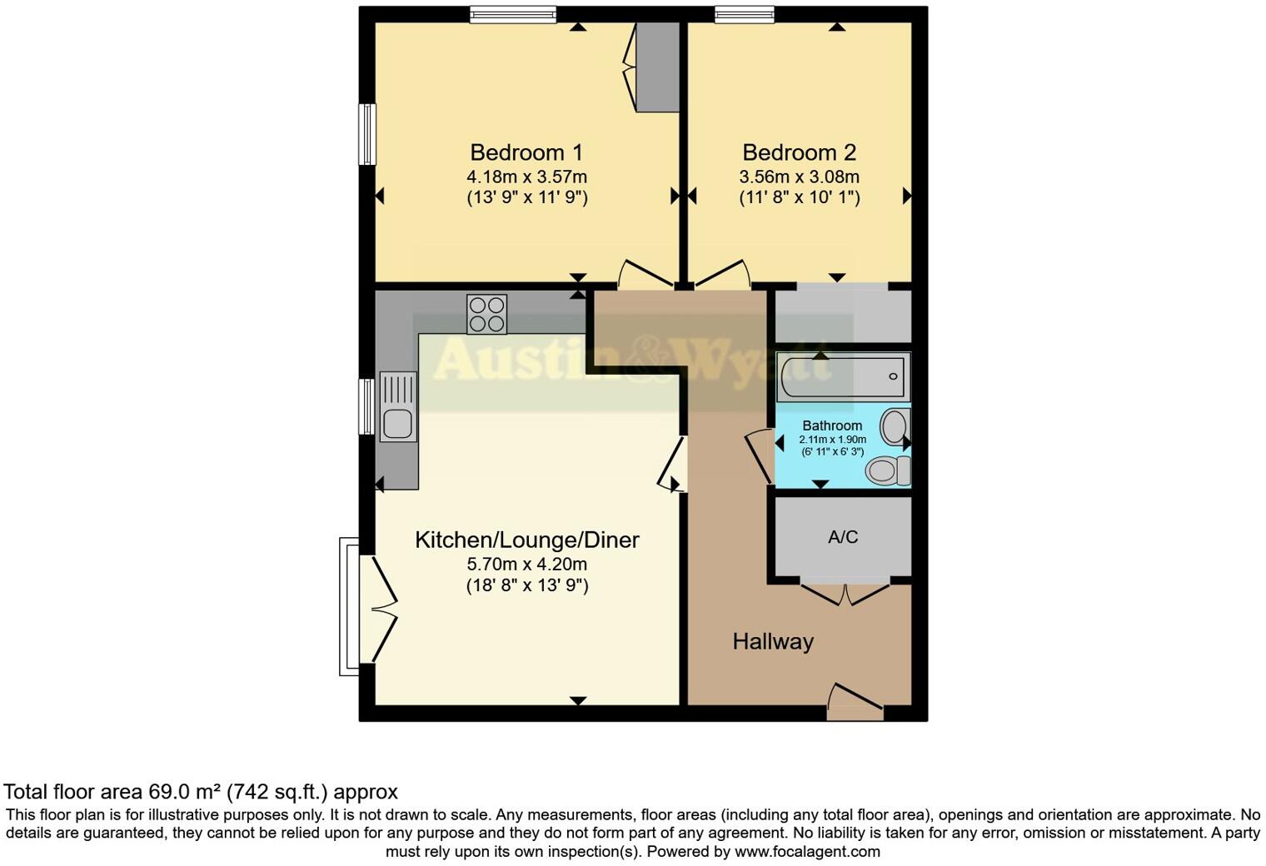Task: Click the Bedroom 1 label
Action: [526, 152]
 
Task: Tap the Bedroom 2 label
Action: [799, 152]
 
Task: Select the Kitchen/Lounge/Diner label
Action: [526, 540]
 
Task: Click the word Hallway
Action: [772, 641]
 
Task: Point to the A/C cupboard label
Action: [842, 537]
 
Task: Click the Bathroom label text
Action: [832, 426]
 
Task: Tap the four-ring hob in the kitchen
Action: [486, 314]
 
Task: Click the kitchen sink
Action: [397, 406]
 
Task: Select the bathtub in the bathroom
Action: [842, 376]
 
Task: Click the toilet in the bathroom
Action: [887, 470]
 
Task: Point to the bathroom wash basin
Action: [894, 426]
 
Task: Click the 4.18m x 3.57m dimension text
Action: [526, 177]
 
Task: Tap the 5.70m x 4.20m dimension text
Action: [526, 564]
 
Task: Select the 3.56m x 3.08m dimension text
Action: [799, 177]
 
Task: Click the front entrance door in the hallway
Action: [855, 702]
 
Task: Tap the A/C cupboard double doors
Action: [845, 592]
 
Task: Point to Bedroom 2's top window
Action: [744, 13]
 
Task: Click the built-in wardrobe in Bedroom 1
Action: [657, 67]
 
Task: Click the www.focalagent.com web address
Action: [807, 851]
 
